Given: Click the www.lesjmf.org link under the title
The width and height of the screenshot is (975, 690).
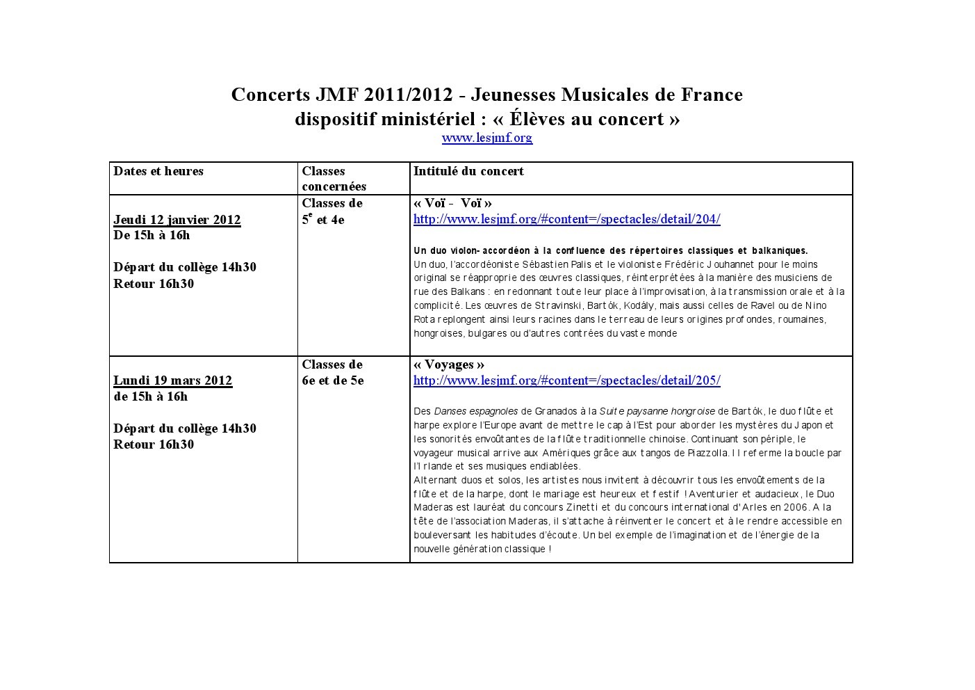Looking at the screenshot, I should click(x=486, y=138).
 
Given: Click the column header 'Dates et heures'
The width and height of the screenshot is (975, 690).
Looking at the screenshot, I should click(x=158, y=171).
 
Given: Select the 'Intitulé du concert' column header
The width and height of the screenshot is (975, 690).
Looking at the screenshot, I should click(x=468, y=171).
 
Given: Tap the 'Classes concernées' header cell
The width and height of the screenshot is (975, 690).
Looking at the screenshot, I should click(x=334, y=179).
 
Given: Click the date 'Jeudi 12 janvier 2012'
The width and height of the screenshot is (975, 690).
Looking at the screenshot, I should click(x=177, y=220).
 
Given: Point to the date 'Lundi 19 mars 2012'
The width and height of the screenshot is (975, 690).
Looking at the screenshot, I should click(x=173, y=380).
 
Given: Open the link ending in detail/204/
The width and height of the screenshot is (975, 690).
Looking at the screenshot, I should click(x=566, y=219).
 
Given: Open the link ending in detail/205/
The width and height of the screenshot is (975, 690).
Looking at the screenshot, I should click(x=566, y=380).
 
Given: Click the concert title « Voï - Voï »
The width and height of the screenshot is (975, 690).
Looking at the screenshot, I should click(x=452, y=203).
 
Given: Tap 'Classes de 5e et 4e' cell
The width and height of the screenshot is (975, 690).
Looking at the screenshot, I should click(x=332, y=211).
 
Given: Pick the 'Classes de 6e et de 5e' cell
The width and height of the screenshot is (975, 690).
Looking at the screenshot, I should click(x=333, y=372).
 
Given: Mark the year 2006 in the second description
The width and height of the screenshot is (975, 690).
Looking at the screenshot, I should click(x=794, y=507).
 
